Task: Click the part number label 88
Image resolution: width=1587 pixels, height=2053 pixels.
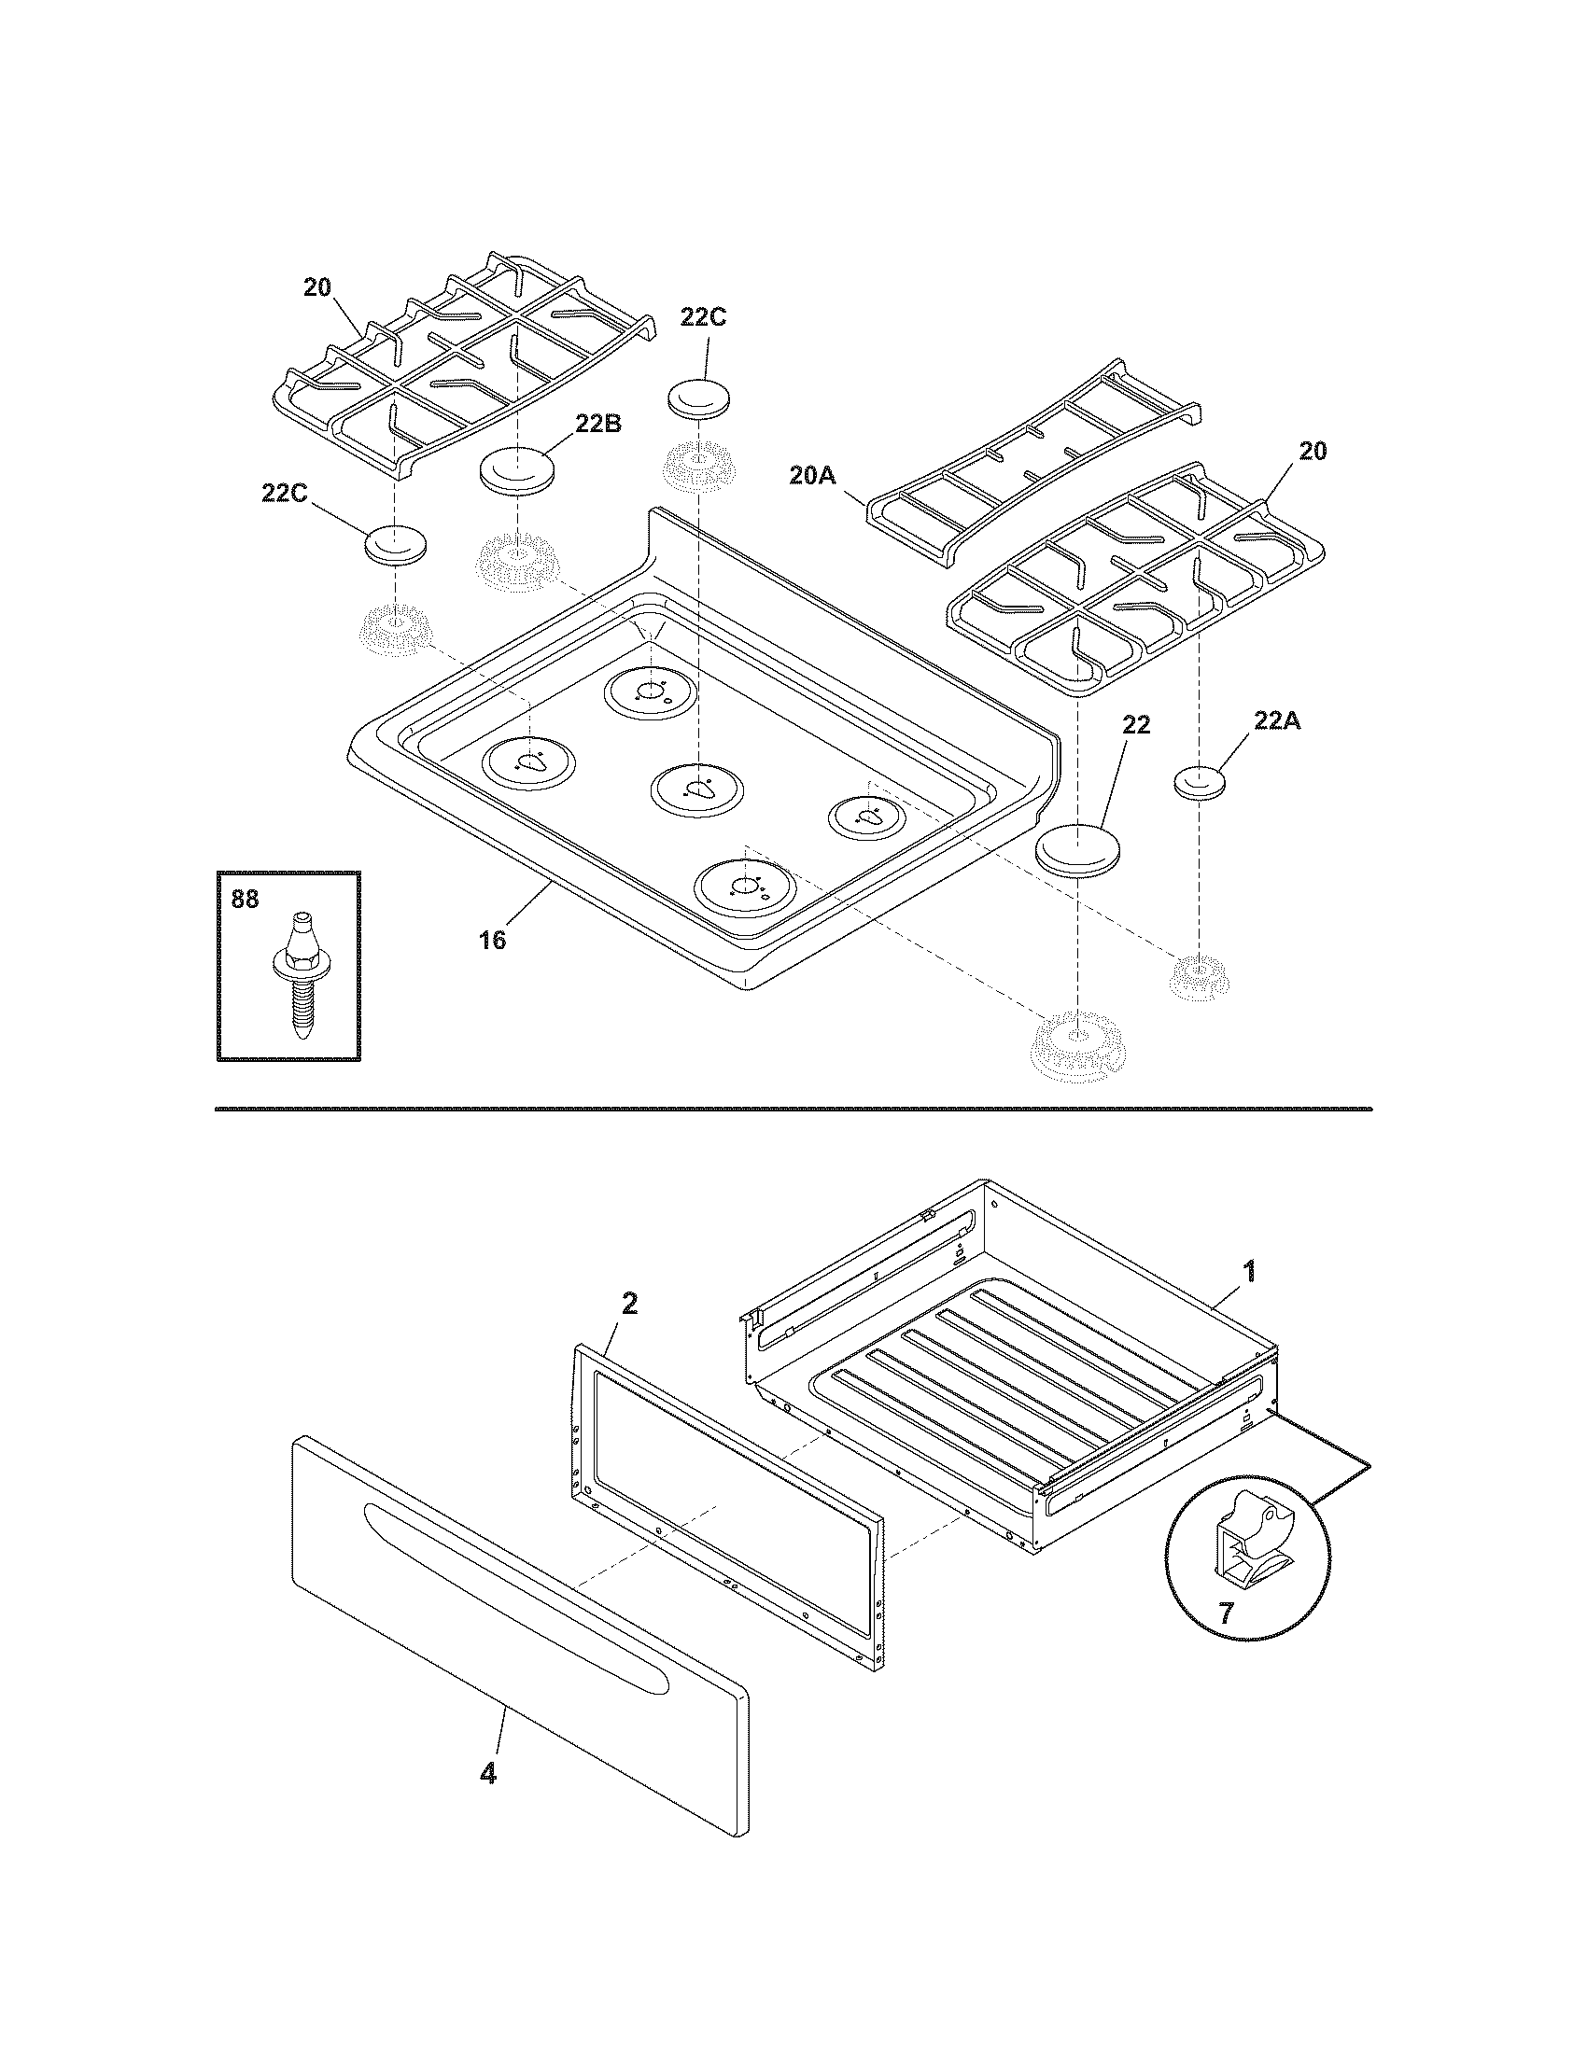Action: (x=245, y=900)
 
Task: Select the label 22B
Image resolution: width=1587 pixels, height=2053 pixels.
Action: (x=598, y=423)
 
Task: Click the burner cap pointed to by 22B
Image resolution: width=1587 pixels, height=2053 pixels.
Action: (x=515, y=469)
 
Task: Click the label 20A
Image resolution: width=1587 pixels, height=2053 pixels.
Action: (x=812, y=477)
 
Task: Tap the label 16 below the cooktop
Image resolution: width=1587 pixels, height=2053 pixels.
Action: (x=492, y=939)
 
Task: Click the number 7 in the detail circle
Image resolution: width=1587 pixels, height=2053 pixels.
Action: (x=1226, y=1614)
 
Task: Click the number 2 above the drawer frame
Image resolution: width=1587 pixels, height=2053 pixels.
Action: (x=629, y=1303)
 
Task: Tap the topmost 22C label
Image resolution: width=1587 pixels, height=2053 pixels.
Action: (x=703, y=316)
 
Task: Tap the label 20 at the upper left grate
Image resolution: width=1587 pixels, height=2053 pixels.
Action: (x=317, y=287)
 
